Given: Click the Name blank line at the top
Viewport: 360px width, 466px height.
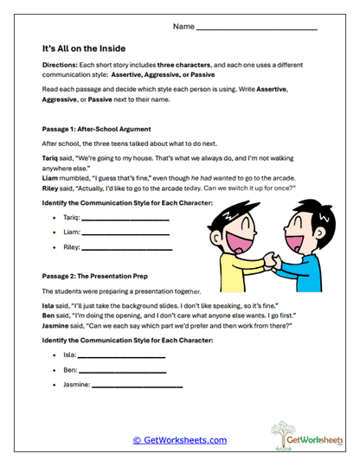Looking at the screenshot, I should [x=257, y=29].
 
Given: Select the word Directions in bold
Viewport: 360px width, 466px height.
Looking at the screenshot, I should [x=59, y=66].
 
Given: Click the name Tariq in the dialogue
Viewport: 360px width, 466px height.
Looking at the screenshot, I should [x=51, y=161].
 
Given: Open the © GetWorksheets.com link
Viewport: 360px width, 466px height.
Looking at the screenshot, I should [x=179, y=441].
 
